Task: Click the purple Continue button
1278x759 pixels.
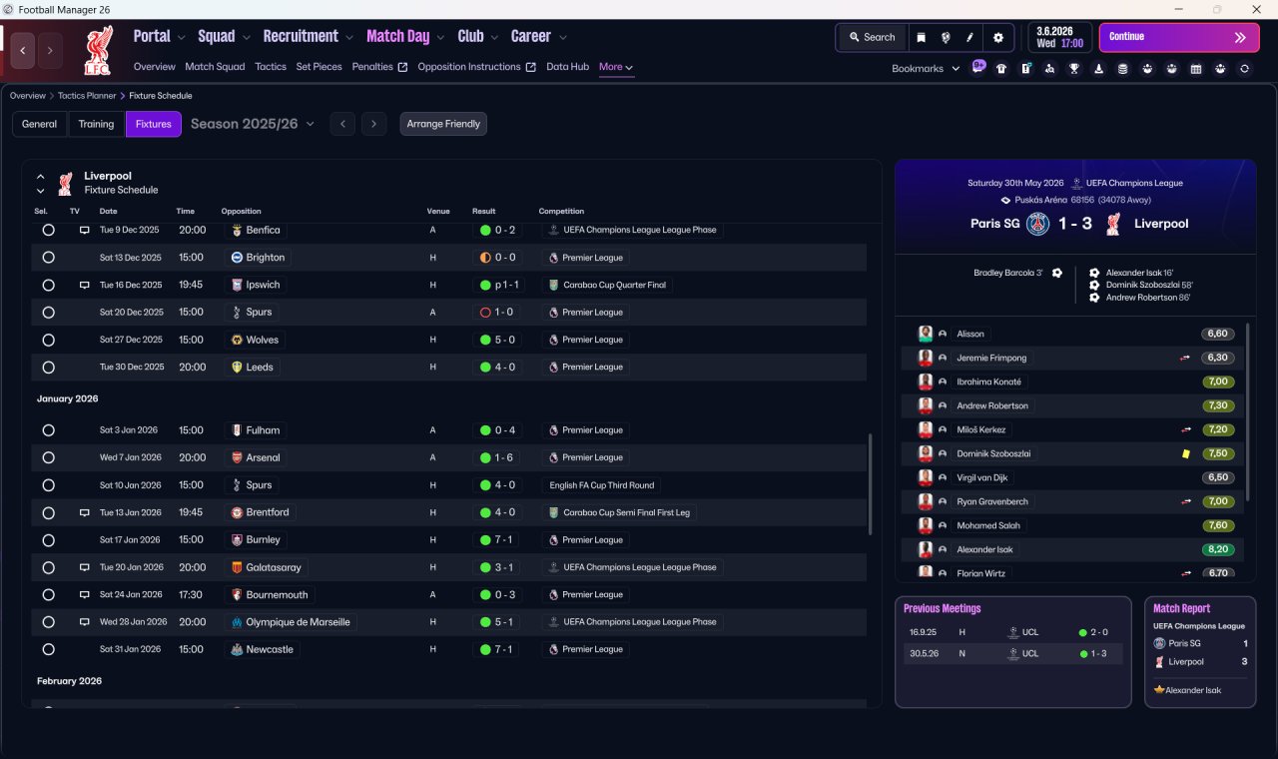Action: [1179, 37]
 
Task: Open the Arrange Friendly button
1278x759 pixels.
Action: [443, 124]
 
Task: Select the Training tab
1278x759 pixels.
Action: [96, 124]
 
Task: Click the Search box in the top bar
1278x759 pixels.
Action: [873, 37]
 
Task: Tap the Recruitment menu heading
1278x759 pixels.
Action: [301, 37]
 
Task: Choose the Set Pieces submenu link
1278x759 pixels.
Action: [319, 67]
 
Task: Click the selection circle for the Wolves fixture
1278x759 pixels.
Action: [49, 341]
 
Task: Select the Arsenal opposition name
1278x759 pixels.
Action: [263, 457]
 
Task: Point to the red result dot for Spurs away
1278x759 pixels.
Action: [485, 313]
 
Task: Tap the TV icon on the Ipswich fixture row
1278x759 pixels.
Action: [85, 285]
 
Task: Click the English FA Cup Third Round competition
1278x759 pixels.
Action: [602, 485]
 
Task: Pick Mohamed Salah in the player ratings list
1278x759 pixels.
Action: [988, 525]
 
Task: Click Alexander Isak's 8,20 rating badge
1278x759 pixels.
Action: [1217, 549]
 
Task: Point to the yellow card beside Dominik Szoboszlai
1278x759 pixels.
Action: [1185, 453]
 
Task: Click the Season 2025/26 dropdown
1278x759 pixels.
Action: [253, 124]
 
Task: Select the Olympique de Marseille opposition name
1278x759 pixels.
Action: [298, 622]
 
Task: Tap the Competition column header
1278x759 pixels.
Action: [561, 211]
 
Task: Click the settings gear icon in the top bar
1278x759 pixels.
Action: [997, 38]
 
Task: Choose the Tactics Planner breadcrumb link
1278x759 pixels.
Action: [87, 96]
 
